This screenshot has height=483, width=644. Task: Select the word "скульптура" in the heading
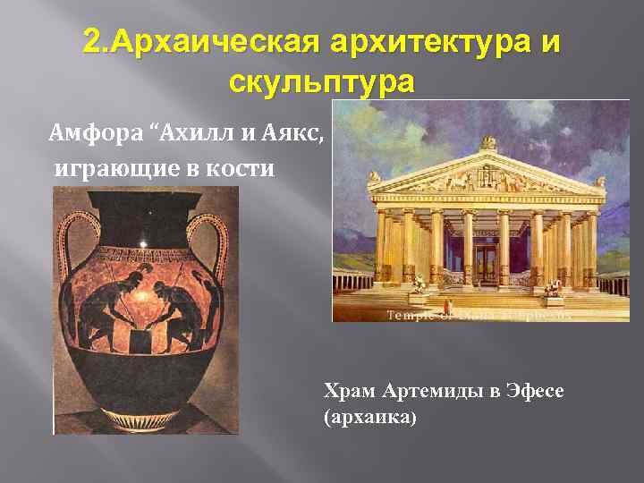[x=322, y=82]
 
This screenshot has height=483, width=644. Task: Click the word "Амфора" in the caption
[x=95, y=134]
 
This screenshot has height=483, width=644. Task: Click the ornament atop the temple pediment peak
[x=488, y=141]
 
